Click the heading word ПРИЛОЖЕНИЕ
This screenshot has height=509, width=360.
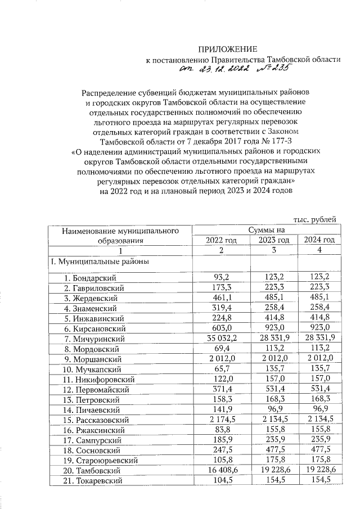227,49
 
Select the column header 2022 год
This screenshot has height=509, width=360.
221,240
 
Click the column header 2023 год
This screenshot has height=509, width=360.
273,240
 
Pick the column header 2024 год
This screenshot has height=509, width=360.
319,240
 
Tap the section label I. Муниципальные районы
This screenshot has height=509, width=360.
100,262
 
